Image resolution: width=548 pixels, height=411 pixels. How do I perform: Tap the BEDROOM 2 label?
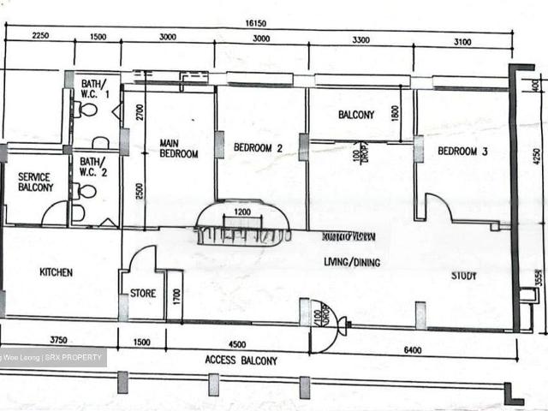pos(259,147)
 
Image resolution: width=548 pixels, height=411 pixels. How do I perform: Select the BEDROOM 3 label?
pos(462,151)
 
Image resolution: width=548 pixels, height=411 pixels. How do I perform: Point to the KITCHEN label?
pos(57,273)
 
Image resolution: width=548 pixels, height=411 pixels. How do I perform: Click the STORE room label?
pos(143,294)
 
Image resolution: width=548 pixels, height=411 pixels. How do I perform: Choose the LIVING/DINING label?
pos(351,263)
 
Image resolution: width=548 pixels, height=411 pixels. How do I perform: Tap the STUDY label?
pos(464,276)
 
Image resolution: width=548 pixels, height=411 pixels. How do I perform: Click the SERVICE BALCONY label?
pos(36,182)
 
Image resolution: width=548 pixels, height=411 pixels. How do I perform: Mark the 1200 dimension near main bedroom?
pos(243,211)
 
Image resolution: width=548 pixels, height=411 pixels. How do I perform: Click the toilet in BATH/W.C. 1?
pos(86,110)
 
